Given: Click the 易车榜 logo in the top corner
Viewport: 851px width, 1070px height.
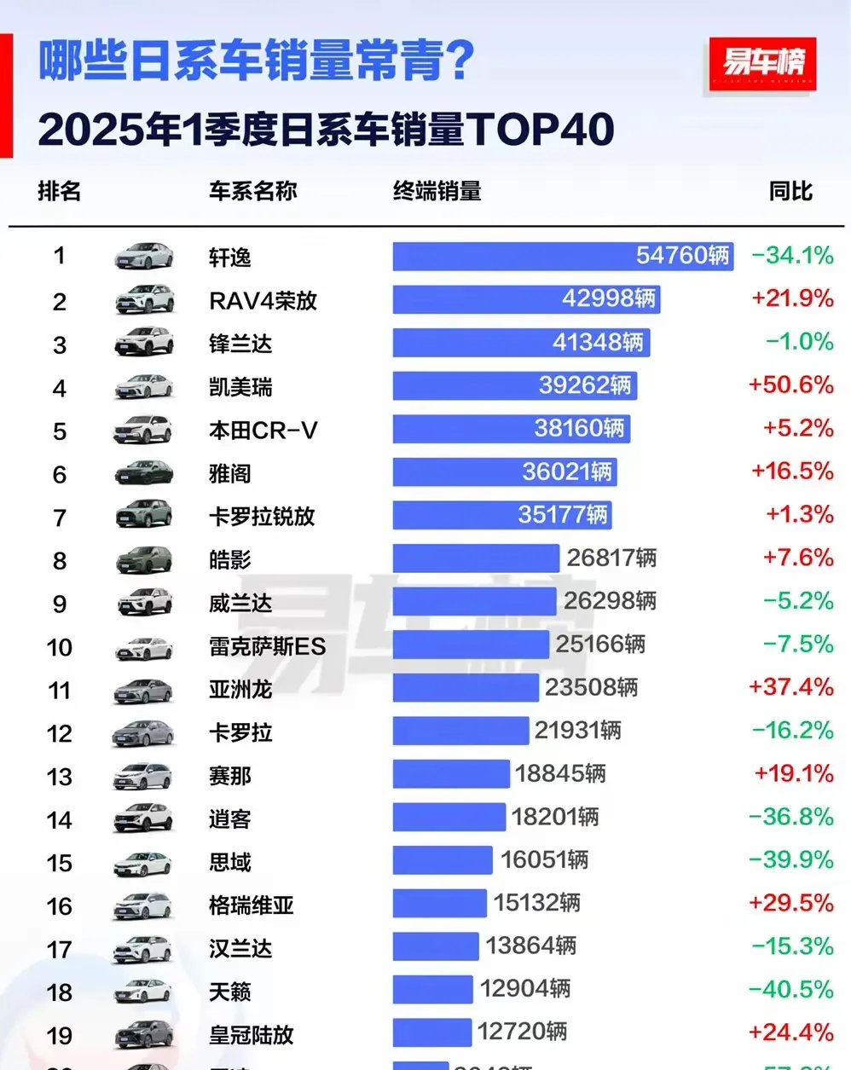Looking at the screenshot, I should point(762,64).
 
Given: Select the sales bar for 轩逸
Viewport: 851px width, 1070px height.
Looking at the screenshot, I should point(563,256).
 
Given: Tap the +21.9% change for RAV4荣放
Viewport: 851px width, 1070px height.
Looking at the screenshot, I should point(792,298).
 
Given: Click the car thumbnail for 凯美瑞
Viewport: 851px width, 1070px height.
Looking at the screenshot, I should point(144,387).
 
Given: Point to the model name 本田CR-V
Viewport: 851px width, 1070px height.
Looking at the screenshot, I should point(263,431).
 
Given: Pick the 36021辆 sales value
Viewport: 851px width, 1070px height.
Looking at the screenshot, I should point(567,471).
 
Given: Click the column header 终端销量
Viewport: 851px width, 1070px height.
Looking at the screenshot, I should point(437,191).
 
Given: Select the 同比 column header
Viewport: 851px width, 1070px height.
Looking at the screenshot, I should point(790,191).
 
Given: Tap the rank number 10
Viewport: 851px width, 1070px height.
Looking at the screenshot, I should point(59,647).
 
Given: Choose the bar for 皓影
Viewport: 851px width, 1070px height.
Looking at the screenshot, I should point(475,558).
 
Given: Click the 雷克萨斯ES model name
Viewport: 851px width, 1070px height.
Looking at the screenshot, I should point(267,647).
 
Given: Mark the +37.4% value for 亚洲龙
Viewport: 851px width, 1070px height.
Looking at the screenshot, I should point(790,687).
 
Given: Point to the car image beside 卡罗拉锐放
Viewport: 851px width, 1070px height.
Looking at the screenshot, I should point(144,515).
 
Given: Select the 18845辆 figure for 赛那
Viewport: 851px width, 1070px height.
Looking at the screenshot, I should point(560,773).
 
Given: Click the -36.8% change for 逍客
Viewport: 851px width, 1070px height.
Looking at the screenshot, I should point(790,817).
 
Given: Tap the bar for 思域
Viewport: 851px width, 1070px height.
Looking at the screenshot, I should point(442,859).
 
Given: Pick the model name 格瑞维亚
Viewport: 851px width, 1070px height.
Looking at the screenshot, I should point(252,905).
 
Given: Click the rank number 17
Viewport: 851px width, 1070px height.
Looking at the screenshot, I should point(59,949).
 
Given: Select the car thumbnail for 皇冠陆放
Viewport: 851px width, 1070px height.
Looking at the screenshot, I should point(144,1034).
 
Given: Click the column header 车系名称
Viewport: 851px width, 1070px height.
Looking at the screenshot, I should point(252,191).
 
